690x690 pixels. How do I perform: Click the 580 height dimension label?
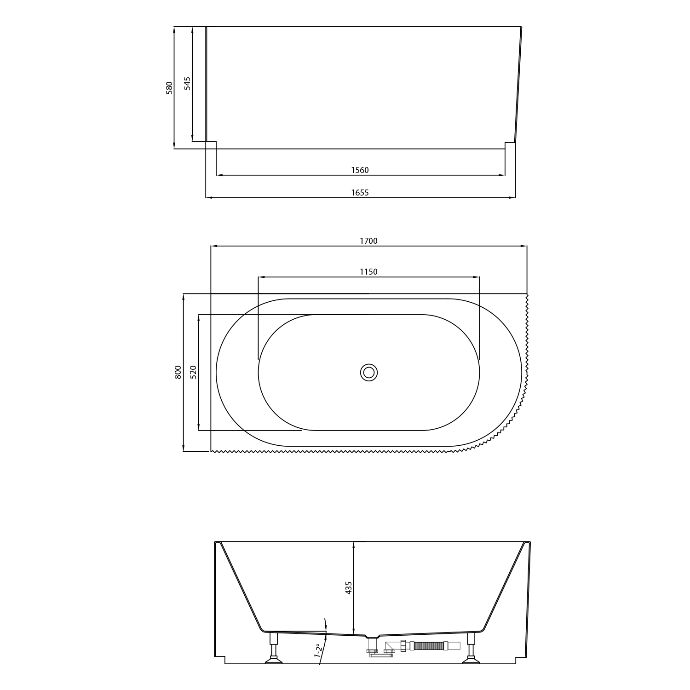[x=169, y=88]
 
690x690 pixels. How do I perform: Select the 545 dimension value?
[x=187, y=83]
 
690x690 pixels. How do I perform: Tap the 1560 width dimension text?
[x=360, y=170]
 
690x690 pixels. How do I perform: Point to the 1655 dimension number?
[x=360, y=193]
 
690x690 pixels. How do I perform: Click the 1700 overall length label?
[x=369, y=241]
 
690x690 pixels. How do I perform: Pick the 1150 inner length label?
[x=369, y=272]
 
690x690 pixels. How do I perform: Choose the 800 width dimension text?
[x=178, y=372]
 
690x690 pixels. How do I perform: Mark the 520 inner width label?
[x=193, y=372]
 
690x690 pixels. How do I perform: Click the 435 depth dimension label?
[x=349, y=588]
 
